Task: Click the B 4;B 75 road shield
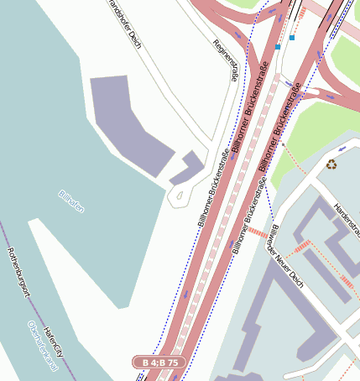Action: pyautogui.click(x=159, y=362)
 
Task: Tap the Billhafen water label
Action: pyautogui.click(x=71, y=201)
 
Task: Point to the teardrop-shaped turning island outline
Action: pyautogui.click(x=178, y=197)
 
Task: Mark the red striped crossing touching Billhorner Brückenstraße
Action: pyautogui.click(x=258, y=232)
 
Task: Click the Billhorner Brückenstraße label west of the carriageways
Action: pyautogui.click(x=215, y=188)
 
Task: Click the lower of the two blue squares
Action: pyautogui.click(x=277, y=48)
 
